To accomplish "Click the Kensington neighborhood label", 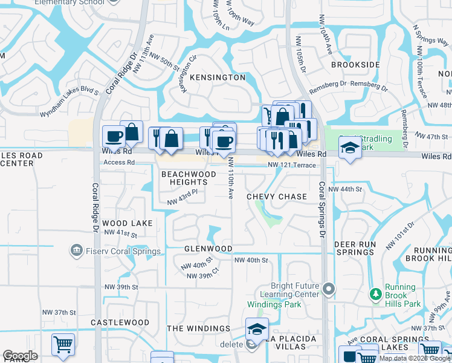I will (218, 77).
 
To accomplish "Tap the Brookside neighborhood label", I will (355, 64).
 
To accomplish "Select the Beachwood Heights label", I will (189, 178).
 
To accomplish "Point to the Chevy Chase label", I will (277, 197).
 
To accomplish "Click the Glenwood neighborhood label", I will (208, 249).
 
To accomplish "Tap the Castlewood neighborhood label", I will (120, 323).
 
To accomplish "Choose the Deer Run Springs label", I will (355, 248).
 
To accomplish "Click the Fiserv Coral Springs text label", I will (123, 251).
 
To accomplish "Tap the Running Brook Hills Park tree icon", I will (376, 295).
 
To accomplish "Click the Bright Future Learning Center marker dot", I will (328, 289).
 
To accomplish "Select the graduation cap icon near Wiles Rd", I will (349, 148).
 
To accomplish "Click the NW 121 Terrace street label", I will (292, 165).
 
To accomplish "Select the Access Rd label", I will (118, 162).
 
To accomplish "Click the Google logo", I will (21, 356).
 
